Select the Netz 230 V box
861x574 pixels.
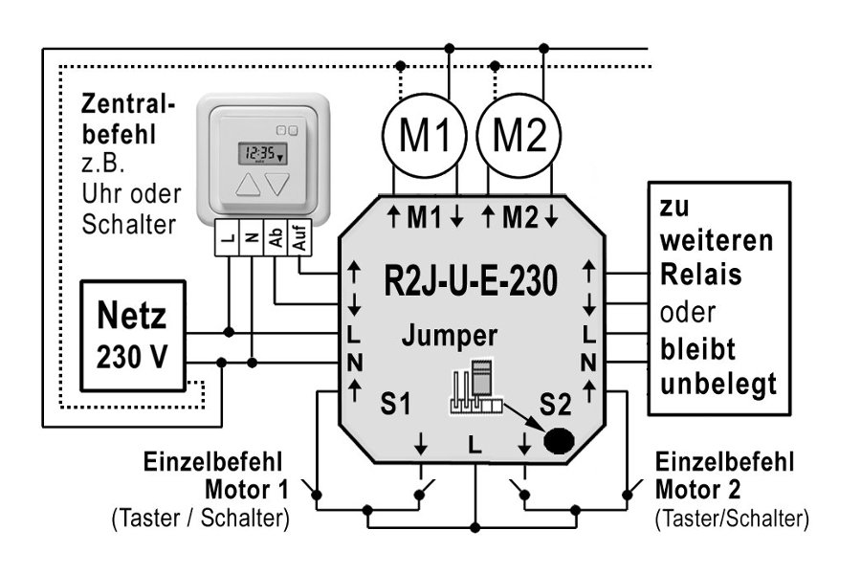132,336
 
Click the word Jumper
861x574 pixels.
450,336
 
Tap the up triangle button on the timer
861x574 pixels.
247,185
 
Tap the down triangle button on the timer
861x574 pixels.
276,185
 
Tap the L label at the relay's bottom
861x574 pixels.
475,443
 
